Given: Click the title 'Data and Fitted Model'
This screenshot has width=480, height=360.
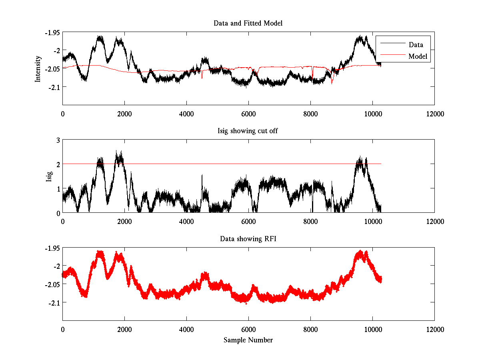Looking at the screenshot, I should [x=248, y=23].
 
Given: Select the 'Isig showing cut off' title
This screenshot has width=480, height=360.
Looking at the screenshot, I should [x=248, y=131].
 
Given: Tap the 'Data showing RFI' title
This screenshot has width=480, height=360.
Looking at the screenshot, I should [x=248, y=239].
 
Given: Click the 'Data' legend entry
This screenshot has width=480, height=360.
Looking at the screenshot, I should [x=416, y=45].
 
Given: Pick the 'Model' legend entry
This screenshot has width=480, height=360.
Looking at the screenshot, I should [x=418, y=56].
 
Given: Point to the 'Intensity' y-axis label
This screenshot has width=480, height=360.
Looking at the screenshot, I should [x=38, y=69].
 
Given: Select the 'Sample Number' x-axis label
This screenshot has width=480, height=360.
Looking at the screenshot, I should [x=248, y=340].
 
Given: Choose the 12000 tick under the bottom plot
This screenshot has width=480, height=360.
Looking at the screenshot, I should [x=434, y=329].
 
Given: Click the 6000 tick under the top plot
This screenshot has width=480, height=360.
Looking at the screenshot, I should [x=248, y=114].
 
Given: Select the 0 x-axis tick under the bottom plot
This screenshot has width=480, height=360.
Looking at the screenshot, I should [x=63, y=329].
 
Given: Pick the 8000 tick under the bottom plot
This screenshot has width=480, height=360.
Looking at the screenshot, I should [x=310, y=329].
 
